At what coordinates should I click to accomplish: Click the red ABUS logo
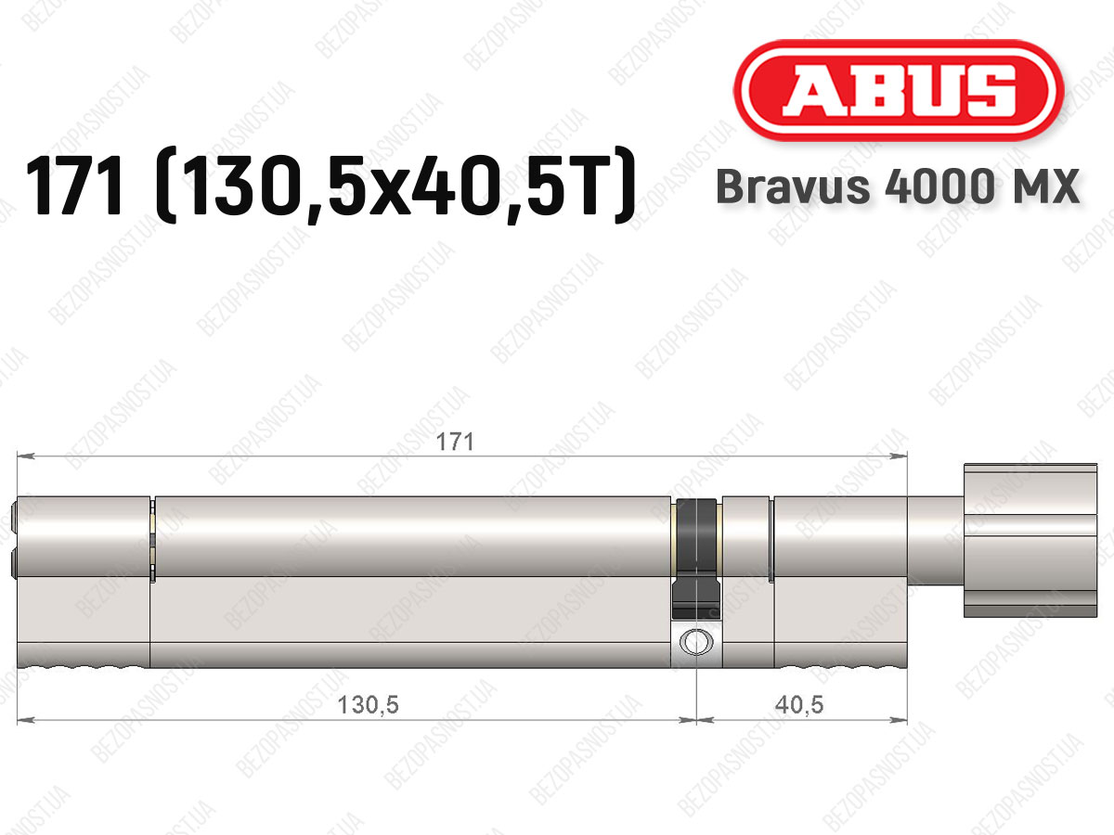coord(899,91)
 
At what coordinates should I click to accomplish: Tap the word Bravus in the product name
coord(793,186)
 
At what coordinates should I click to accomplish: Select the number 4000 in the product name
coord(939,186)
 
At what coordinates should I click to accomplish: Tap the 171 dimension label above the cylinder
coord(455,443)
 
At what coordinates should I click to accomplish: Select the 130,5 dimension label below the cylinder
coord(368,705)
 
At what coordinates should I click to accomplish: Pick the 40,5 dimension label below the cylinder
coord(800,705)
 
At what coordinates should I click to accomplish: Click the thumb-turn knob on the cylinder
coord(1030,541)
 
